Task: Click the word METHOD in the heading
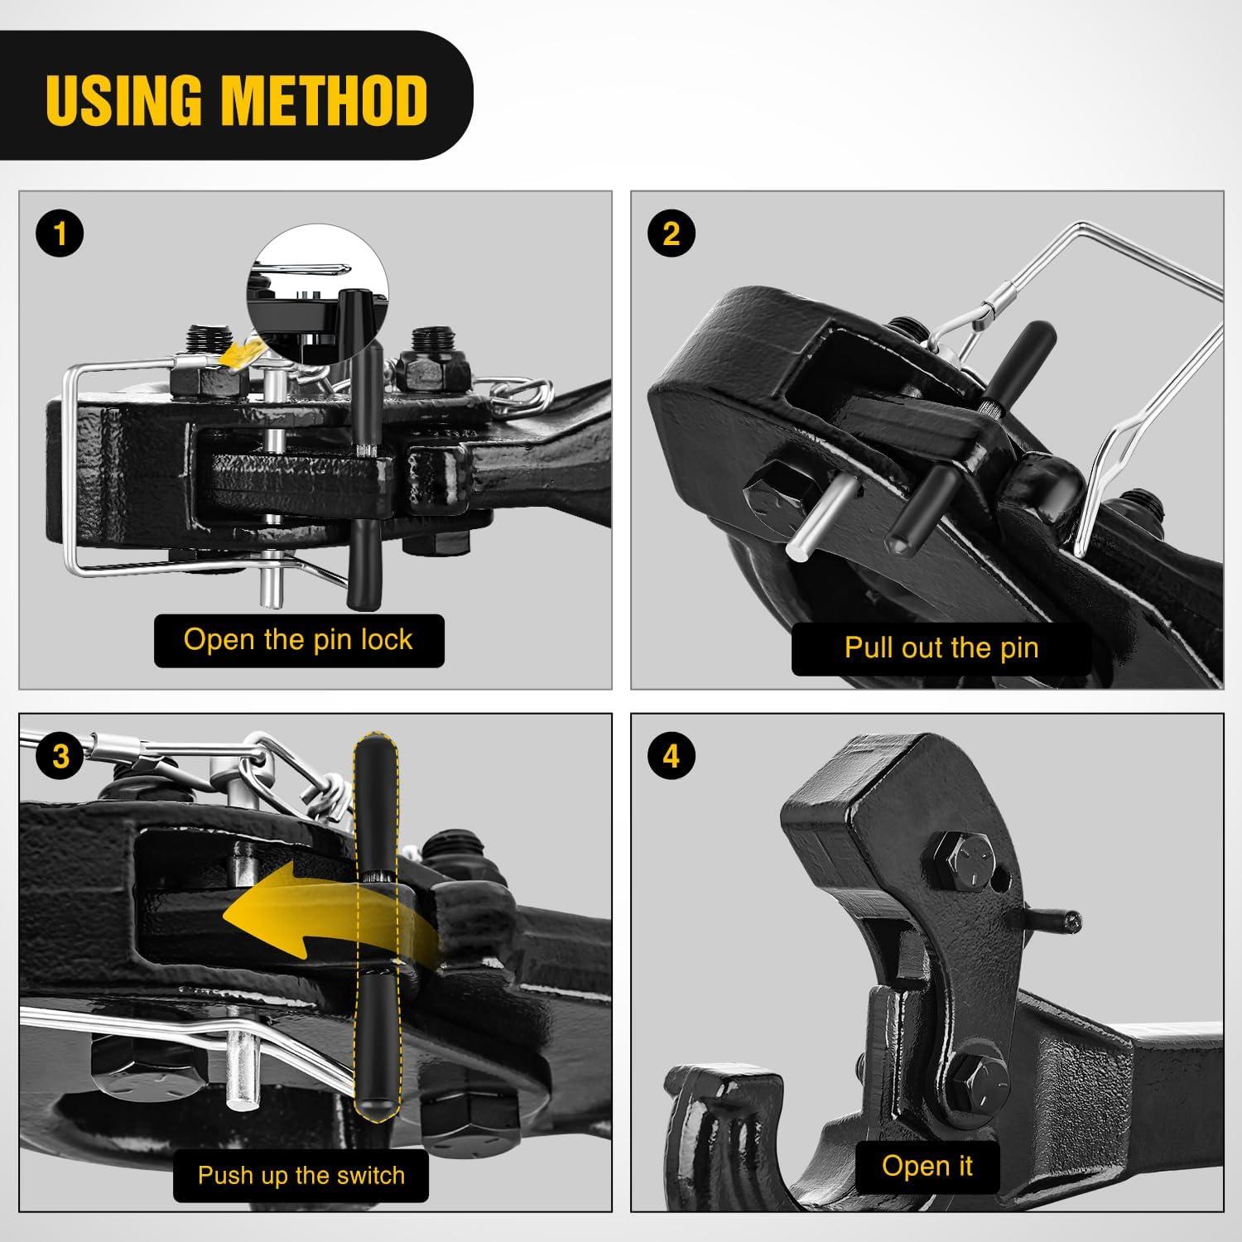325,99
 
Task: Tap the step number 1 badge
59,233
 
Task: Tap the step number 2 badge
671,233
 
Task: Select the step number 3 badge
60,756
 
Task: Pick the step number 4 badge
671,756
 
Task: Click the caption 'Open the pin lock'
298,639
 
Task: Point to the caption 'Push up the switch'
301,1175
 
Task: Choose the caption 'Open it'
927,1165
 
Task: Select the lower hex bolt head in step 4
979,1084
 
